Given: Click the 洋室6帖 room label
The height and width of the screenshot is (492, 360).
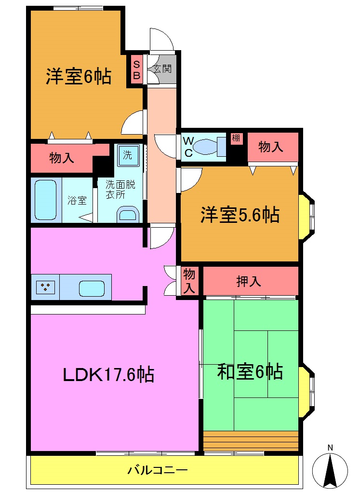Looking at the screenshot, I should point(79,77).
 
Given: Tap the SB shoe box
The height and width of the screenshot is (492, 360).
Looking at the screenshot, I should point(136,69).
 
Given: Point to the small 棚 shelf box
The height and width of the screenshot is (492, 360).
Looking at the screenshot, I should point(236,138).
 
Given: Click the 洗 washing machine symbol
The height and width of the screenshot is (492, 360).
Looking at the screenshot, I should point(128,155).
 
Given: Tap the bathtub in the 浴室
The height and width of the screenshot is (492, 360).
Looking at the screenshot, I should point(47,200).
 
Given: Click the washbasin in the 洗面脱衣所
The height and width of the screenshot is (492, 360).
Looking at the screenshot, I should point(128,214).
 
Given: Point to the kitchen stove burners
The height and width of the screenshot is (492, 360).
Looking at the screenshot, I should point(45,287).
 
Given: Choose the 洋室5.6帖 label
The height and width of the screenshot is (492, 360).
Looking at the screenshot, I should point(240,215).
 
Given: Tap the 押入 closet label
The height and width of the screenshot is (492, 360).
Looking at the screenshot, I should point(249,281).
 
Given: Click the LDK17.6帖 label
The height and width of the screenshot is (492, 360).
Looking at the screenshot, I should point(108,374).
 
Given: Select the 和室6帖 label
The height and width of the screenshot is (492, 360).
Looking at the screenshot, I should point(250,372).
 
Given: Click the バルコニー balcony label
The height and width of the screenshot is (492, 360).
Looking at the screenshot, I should point(157,470).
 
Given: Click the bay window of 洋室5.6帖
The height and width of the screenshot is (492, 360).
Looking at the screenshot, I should point(307,216).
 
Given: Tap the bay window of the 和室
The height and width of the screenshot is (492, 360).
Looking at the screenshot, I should point(307,391).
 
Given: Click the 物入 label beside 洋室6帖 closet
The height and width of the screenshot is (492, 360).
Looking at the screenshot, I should point(62,158).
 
